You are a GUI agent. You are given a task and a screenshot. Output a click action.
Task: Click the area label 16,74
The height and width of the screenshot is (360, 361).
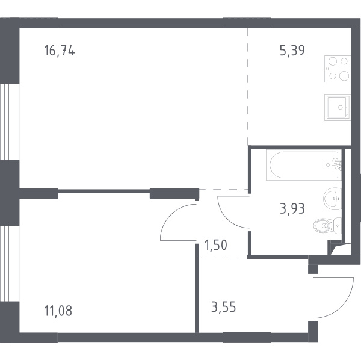coord(59,51)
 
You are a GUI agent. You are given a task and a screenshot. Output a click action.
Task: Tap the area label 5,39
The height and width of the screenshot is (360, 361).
coord(292,51)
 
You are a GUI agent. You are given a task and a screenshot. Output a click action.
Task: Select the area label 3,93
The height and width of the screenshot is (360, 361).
coord(292,209)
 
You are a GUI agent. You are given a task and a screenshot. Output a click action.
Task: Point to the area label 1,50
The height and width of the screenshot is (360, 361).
coord(216,245)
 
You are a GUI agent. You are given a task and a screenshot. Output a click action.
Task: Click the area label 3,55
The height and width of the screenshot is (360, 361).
coord(224,307)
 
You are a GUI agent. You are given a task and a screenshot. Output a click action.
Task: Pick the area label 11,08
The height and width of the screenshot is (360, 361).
coord(58,311)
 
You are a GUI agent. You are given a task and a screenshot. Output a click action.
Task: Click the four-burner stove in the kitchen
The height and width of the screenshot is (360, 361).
coord(338,69)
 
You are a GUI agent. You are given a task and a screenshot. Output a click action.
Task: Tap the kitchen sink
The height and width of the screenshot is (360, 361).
coord(338,107)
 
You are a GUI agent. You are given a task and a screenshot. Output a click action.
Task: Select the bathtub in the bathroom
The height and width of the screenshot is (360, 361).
coord(304,165)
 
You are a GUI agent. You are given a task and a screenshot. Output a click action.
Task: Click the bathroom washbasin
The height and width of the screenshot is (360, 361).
coord(333,199)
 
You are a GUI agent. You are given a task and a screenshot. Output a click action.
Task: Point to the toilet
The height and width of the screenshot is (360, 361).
coord(327,226)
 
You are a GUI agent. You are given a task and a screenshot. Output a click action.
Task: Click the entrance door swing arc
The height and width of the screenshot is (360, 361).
coord(343,306)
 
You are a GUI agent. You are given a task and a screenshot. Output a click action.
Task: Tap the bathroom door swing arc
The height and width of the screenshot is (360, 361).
coord(226,218)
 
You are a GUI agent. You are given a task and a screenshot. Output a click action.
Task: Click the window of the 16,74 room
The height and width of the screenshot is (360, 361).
coord(10,122)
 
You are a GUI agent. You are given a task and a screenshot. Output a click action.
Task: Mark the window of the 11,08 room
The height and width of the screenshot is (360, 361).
coord(10,264)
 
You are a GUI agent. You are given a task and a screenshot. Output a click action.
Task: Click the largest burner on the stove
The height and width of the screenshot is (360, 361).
coord(344,76)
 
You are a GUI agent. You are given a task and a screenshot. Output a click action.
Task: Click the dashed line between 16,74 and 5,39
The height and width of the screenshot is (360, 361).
coord(248,86)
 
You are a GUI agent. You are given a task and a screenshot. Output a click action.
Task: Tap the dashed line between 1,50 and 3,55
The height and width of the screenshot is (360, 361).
coord(223,259)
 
